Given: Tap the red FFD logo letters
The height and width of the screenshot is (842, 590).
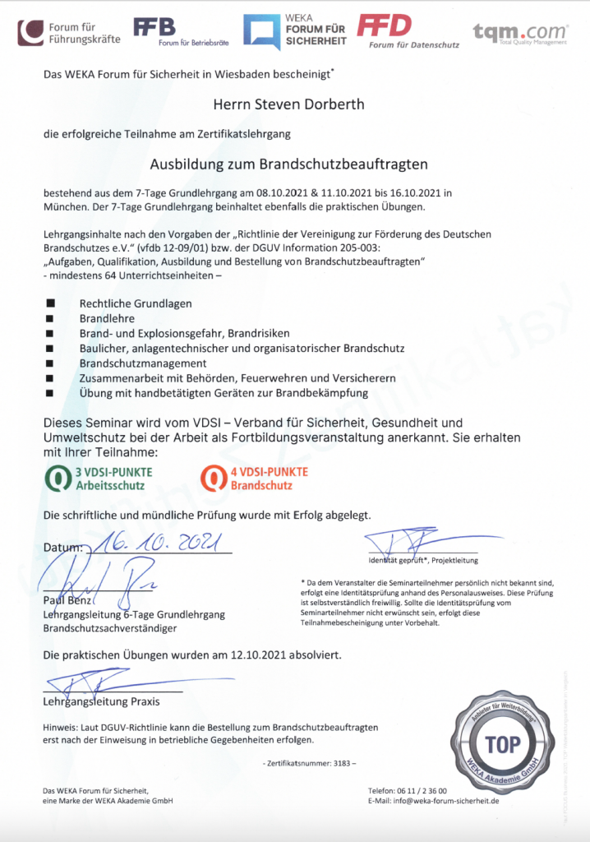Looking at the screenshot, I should [384, 25].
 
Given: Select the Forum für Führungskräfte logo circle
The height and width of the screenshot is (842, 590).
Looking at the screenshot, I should [32, 32].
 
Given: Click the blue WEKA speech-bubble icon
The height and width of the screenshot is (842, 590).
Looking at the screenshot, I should [260, 32].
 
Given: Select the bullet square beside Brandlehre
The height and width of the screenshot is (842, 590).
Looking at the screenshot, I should [50, 318].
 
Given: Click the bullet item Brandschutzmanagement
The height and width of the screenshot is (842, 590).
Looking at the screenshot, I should [143, 363].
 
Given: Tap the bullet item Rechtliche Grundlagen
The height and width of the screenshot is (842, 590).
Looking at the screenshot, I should [136, 303].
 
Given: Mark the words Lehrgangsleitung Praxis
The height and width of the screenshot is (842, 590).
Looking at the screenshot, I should [101, 702].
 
